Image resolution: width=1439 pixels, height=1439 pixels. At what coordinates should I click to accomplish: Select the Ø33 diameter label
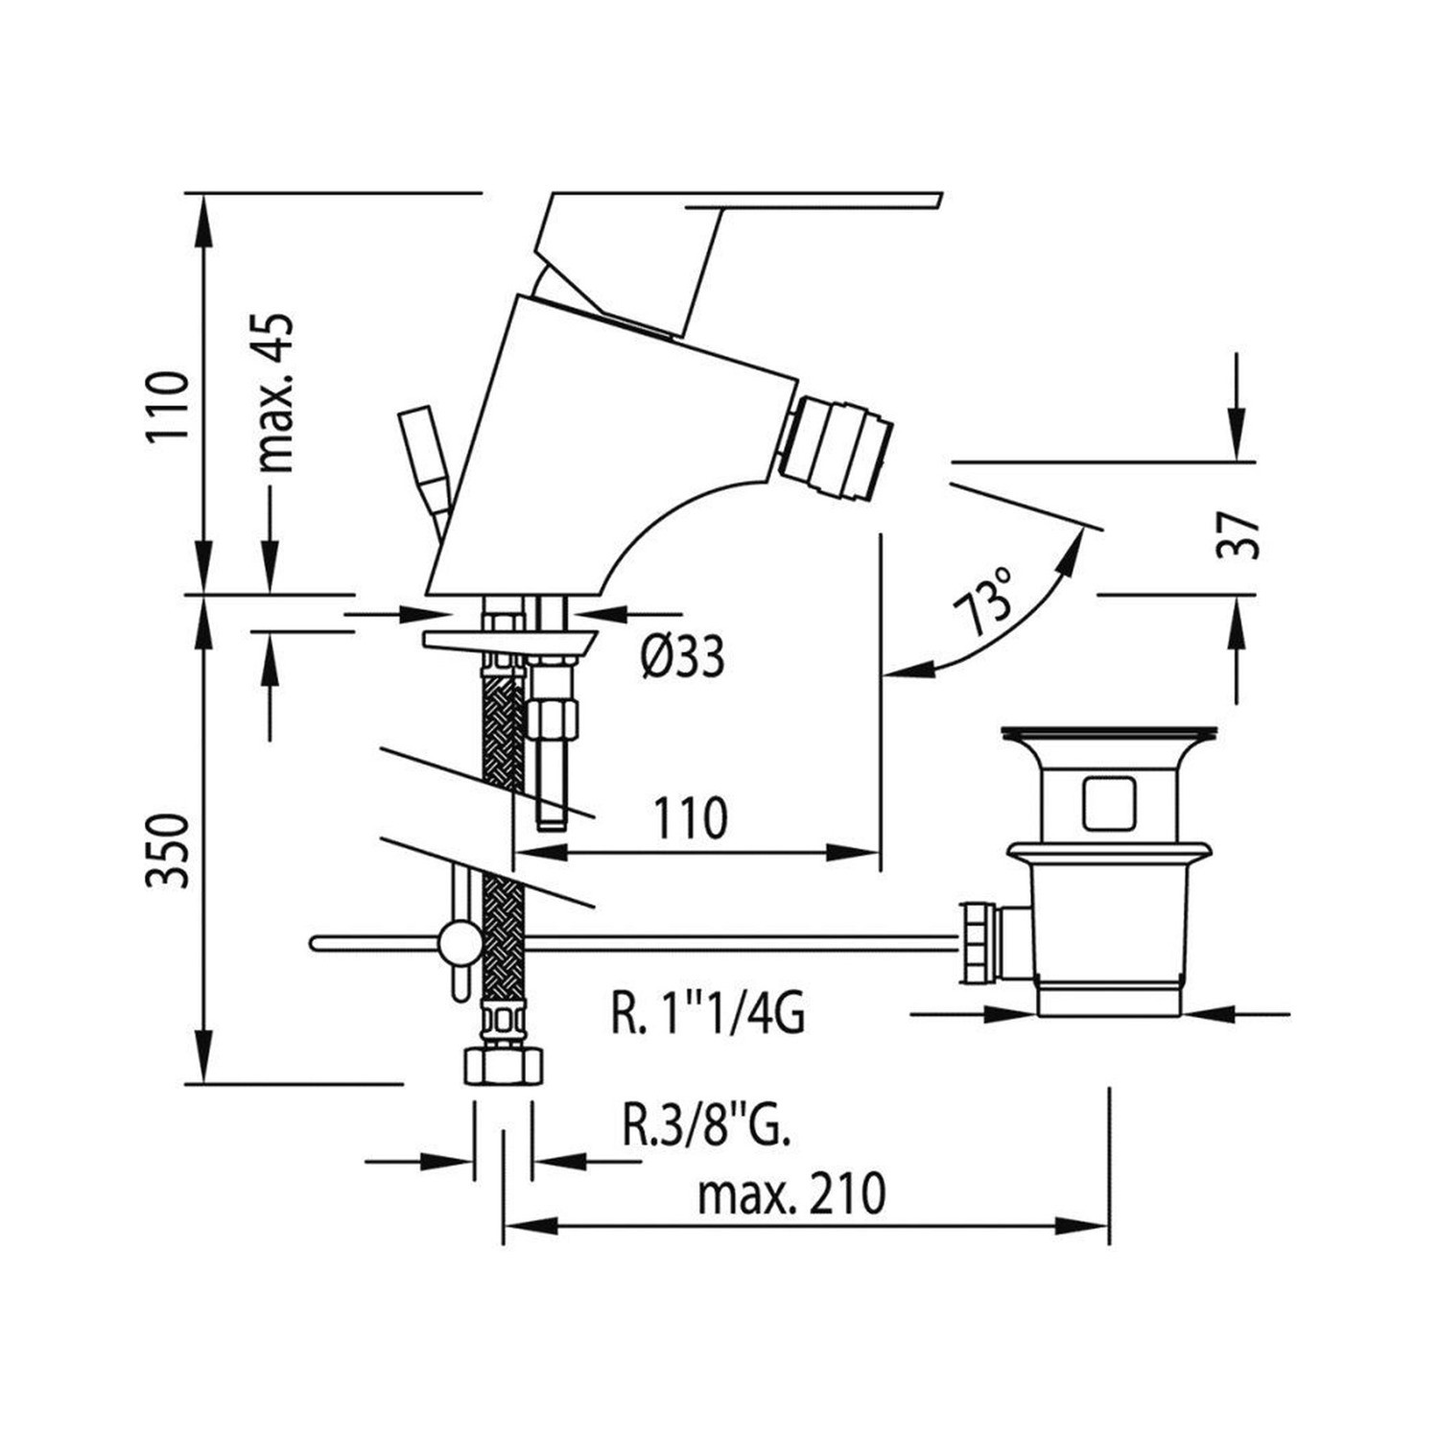(684, 658)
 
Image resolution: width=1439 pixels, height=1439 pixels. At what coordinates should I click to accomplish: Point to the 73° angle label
(984, 601)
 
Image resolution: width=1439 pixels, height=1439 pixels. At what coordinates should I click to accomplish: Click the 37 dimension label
(1238, 534)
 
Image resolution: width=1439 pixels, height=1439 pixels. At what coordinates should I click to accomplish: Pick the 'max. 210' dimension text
(791, 1194)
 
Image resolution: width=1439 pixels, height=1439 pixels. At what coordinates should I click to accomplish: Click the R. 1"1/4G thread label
(708, 1014)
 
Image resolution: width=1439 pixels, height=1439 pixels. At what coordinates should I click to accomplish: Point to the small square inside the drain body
(1110, 803)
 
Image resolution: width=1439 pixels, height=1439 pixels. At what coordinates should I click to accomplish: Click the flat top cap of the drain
(1110, 735)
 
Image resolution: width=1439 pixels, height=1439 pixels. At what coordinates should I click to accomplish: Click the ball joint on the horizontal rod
(459, 942)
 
